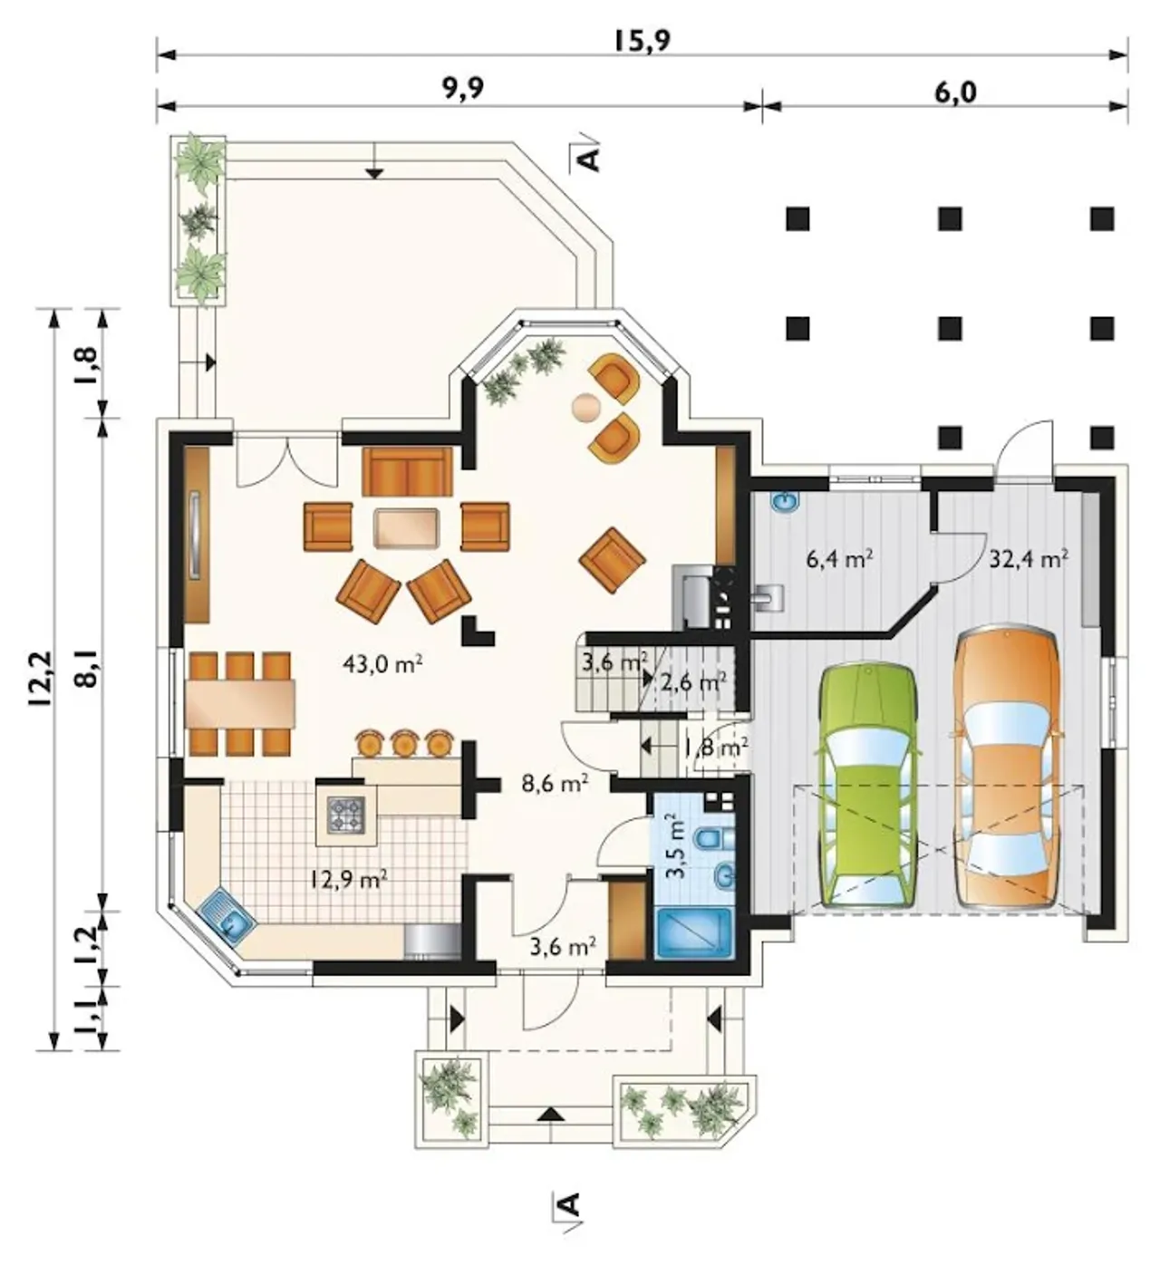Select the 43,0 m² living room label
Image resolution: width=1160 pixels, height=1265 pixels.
pyautogui.click(x=382, y=663)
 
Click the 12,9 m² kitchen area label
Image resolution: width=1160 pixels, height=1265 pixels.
pyautogui.click(x=348, y=878)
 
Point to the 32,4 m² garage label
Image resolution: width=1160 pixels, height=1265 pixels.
pyautogui.click(x=1029, y=559)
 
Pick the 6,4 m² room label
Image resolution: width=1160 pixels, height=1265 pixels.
pyautogui.click(x=839, y=559)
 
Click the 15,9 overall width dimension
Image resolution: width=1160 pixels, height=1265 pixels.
pyautogui.click(x=641, y=42)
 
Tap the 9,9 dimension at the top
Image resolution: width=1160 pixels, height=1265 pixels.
pyautogui.click(x=463, y=90)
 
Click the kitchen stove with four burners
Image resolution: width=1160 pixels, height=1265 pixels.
pyautogui.click(x=345, y=814)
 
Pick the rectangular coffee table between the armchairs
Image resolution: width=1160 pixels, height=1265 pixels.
pyautogui.click(x=407, y=527)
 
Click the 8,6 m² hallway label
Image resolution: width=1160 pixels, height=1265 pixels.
pyautogui.click(x=556, y=784)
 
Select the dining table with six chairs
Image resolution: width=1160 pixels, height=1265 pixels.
pyautogui.click(x=240, y=704)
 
